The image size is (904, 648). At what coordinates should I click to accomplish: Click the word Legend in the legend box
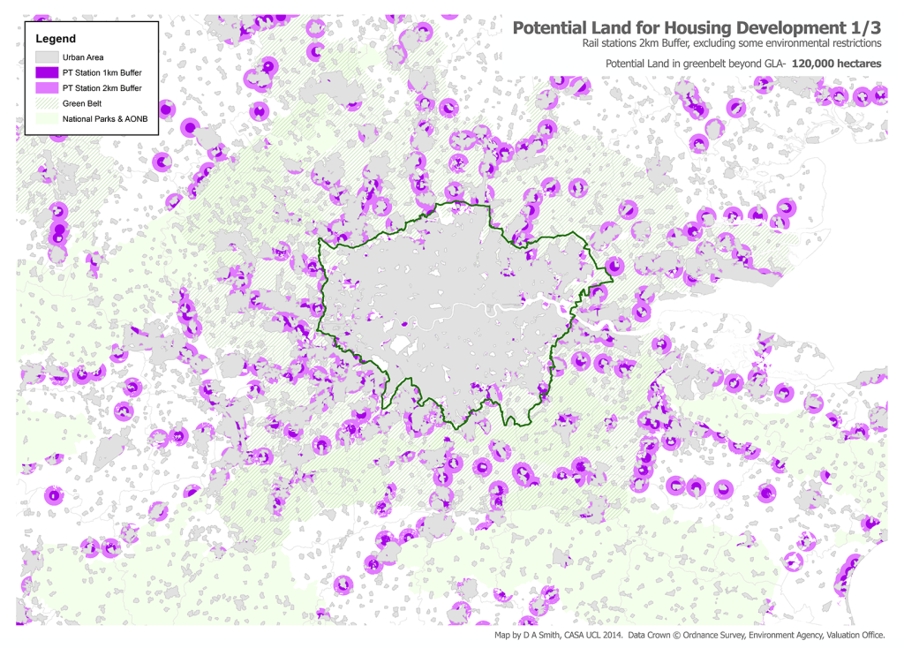pos(56,39)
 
